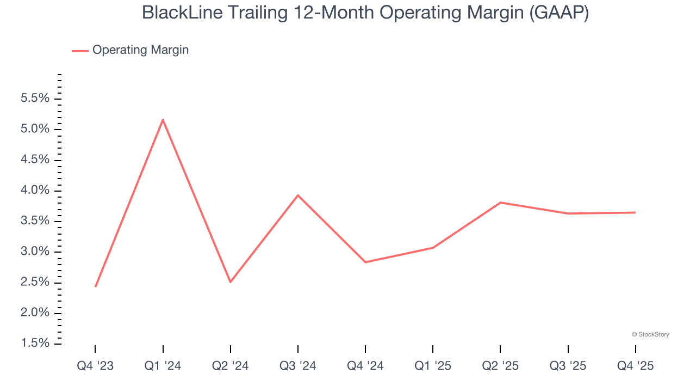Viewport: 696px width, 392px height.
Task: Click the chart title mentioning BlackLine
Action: [365, 13]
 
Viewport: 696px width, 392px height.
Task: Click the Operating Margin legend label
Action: [140, 50]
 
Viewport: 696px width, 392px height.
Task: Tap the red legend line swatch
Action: [80, 51]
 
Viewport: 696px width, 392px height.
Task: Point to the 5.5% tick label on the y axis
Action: [35, 99]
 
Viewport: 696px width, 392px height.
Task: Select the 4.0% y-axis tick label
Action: [35, 191]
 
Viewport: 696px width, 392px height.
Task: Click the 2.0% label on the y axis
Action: [35, 313]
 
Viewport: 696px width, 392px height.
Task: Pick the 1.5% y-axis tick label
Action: [35, 344]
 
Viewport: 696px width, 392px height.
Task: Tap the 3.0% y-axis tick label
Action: [35, 252]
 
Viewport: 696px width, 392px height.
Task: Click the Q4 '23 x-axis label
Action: [95, 366]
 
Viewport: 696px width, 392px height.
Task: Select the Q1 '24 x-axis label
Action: [163, 366]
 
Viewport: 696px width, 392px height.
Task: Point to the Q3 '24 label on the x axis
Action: [298, 366]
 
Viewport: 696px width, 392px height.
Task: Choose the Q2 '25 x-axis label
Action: [500, 366]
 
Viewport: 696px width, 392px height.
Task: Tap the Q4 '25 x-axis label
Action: [635, 366]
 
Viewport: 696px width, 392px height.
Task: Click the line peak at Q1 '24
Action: [163, 120]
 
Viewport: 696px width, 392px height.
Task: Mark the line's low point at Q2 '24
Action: [231, 281]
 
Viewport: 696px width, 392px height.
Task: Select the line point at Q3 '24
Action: [298, 195]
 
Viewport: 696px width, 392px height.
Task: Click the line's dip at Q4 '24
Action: [365, 262]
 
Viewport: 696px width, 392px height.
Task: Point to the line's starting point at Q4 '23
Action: [95, 286]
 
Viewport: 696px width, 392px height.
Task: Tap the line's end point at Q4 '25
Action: [635, 212]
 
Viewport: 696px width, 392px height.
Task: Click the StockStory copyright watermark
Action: [650, 334]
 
